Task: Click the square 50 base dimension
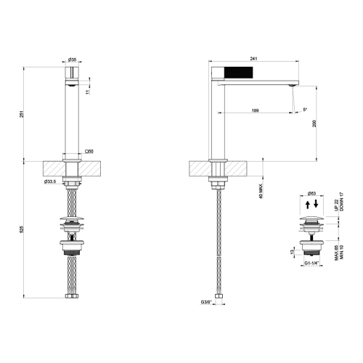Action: [89, 151]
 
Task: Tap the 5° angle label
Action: [304, 109]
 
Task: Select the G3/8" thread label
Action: [207, 301]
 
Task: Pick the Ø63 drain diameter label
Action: [311, 193]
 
